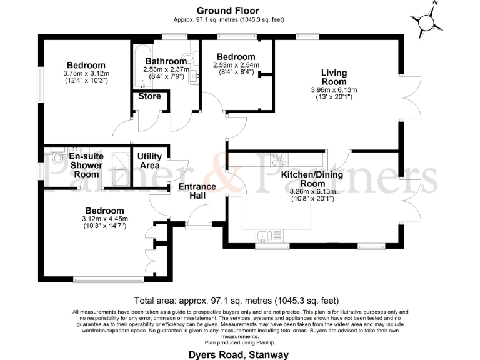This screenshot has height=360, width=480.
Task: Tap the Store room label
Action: (149, 96)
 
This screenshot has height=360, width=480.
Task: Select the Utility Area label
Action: (149, 161)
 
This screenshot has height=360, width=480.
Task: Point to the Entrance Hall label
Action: (197, 191)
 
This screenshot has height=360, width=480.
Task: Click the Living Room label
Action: (334, 77)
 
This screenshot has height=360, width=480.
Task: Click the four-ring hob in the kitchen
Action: (278, 160)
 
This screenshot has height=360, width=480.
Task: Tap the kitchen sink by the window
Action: (267, 236)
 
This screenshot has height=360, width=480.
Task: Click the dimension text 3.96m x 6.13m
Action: (334, 90)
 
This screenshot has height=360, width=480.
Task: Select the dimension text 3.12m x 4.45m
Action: (104, 219)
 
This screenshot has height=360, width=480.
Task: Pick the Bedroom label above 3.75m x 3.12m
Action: (86, 65)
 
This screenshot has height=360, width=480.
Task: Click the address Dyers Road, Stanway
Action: (239, 354)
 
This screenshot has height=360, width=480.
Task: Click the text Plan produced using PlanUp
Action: (240, 342)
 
